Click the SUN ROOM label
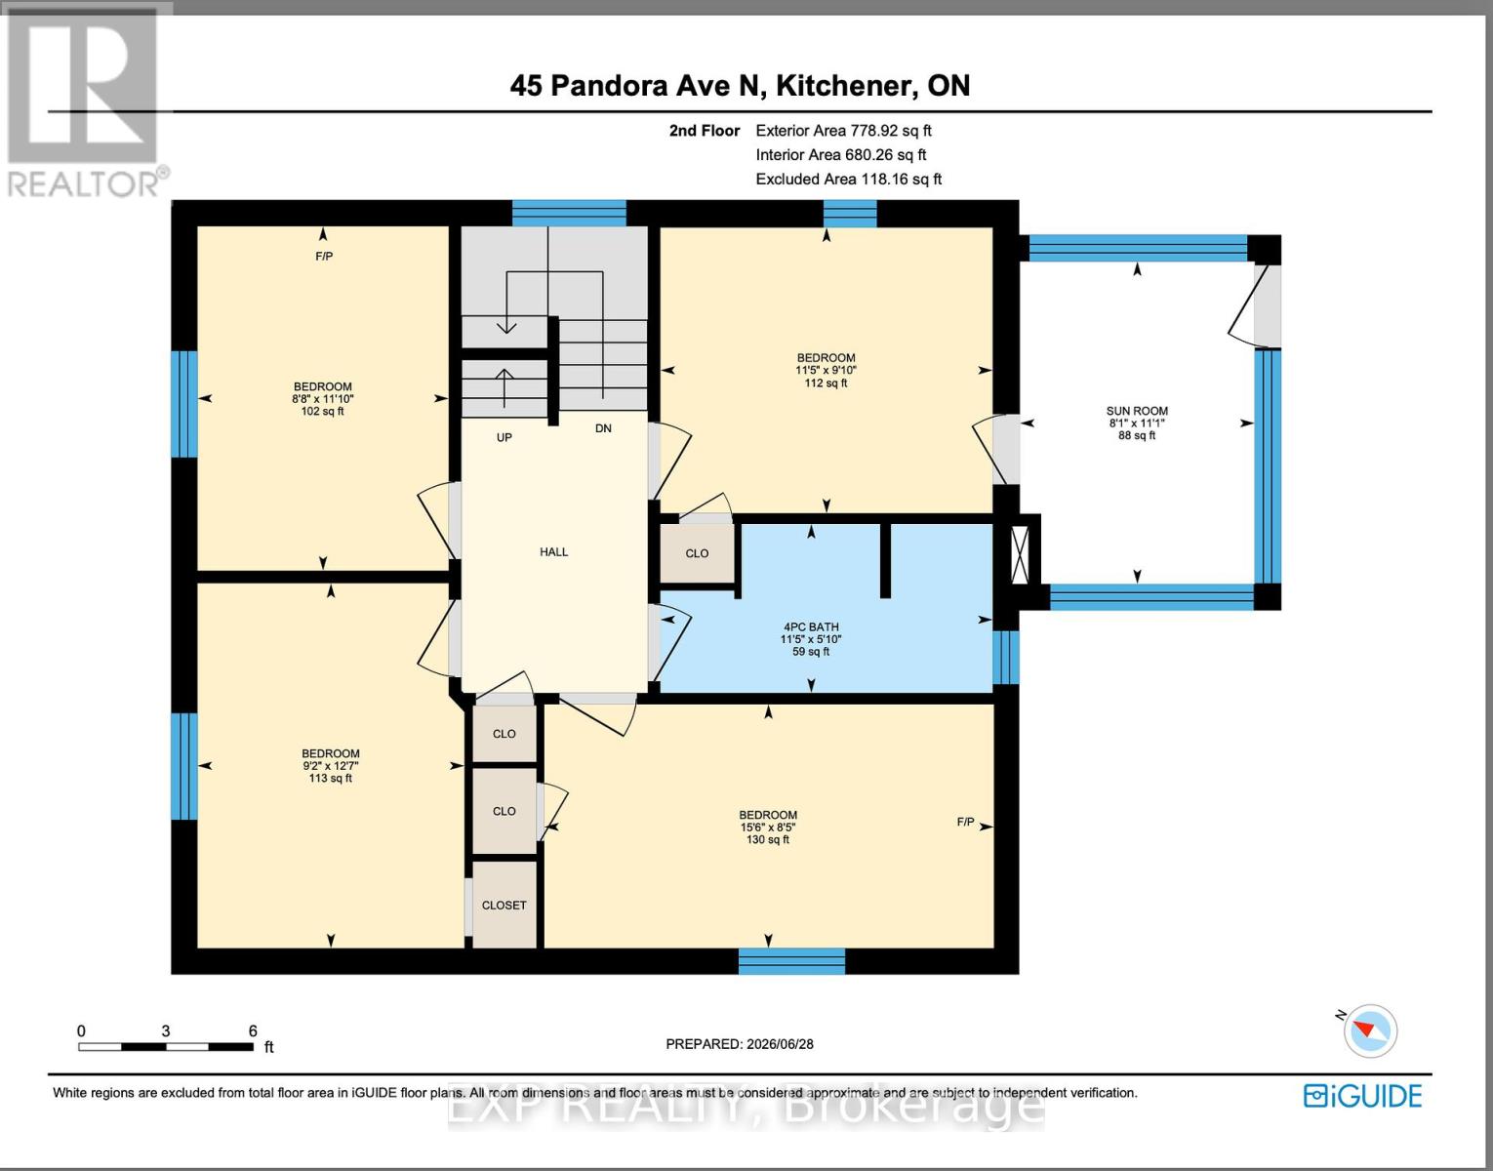(1137, 411)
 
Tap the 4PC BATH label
(811, 626)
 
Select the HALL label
(554, 551)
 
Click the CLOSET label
(504, 906)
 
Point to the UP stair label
(504, 437)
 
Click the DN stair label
(603, 428)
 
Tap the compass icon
(1369, 1030)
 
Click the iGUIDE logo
(1363, 1096)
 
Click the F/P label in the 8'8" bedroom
(324, 257)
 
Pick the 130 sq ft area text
(767, 839)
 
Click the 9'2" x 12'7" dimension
(331, 766)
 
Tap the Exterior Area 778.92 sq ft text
(844, 131)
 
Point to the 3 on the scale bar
(166, 1030)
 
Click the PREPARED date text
(740, 1044)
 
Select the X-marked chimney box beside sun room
(1021, 555)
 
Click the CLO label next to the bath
(697, 553)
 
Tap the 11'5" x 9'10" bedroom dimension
(826, 370)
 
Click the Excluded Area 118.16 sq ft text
(849, 180)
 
